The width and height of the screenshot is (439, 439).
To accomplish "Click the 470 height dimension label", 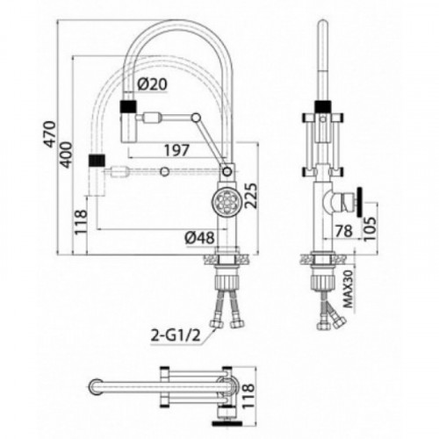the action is (50, 133).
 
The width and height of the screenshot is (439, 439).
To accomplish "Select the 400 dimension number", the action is (66, 155).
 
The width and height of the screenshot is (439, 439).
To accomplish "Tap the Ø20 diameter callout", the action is (153, 84).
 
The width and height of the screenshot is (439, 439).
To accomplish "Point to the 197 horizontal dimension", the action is (176, 150).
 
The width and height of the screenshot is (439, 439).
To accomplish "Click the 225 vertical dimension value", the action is (251, 196).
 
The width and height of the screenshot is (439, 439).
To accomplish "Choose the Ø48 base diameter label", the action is (200, 238).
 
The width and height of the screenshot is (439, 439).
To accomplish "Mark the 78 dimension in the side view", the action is (343, 231).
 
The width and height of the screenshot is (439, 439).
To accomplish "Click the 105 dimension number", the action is (370, 228).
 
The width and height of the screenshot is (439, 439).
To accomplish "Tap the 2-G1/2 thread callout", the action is (176, 335).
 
